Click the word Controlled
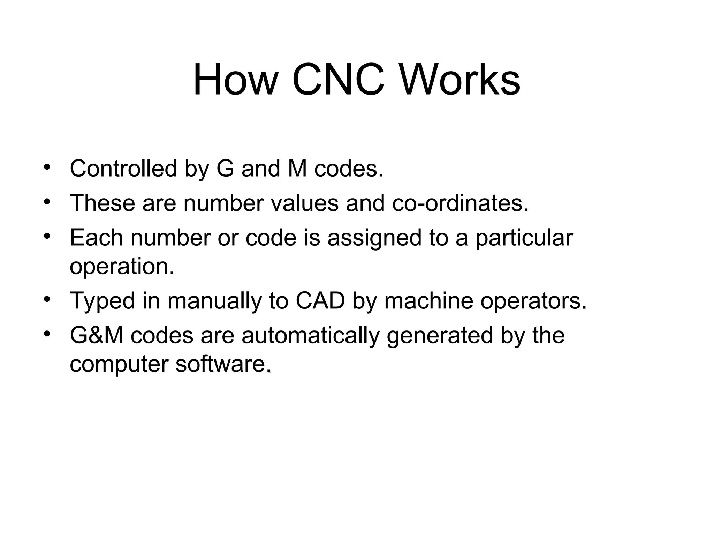pyautogui.click(x=123, y=169)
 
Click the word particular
pyautogui.click(x=524, y=239)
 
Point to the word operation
pyautogui.click(x=122, y=267)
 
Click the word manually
pyautogui.click(x=214, y=301)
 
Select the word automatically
pyautogui.click(x=310, y=336)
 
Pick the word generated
pyautogui.click(x=440, y=336)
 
